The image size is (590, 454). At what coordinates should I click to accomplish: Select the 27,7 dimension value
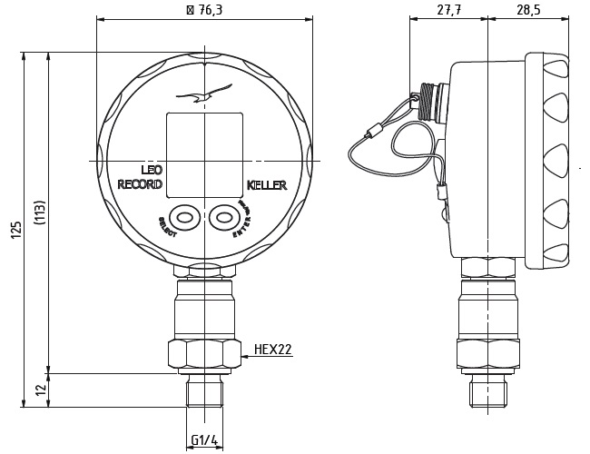coord(447,9)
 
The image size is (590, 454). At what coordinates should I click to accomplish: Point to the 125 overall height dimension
coord(15,230)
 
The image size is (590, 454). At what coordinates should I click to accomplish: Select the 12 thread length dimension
coord(40,390)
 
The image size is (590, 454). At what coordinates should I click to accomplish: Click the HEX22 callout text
coord(272,349)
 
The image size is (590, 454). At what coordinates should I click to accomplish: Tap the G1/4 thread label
coord(204,441)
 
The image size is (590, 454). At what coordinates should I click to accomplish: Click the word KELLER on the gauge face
coord(266,185)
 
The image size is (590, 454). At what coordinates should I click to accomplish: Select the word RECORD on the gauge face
coord(140,184)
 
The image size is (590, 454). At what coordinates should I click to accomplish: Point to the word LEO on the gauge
coord(152,170)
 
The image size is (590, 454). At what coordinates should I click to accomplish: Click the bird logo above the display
coord(204,94)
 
